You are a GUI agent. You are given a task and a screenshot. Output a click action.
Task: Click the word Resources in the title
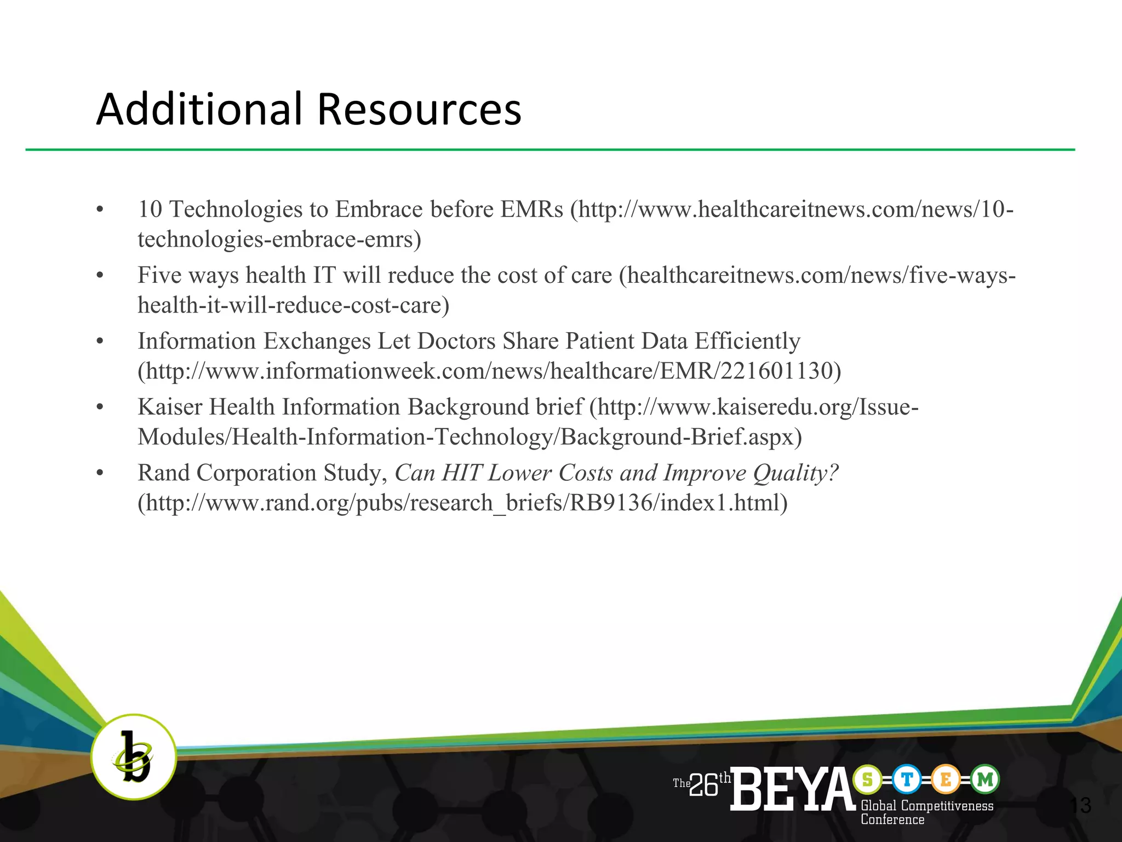point(419,109)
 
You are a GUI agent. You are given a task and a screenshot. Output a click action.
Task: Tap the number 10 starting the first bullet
point(150,209)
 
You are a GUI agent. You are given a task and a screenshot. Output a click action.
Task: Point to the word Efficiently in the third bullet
point(747,342)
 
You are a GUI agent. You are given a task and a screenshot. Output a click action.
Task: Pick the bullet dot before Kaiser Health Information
point(100,407)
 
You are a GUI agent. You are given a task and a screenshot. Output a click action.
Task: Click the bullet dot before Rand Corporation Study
point(100,473)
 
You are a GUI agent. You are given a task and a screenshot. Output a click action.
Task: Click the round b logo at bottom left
point(133,756)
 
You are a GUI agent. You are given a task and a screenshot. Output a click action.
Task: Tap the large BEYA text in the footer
point(792,789)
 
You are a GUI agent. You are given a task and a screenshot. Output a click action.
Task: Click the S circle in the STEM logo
point(867,779)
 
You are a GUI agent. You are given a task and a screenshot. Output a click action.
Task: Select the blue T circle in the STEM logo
point(907,779)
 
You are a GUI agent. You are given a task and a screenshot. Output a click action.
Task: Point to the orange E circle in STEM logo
point(946,779)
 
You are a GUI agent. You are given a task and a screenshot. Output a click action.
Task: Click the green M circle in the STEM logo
point(985,779)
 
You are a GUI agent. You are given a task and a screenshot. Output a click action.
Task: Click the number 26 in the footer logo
point(704,786)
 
